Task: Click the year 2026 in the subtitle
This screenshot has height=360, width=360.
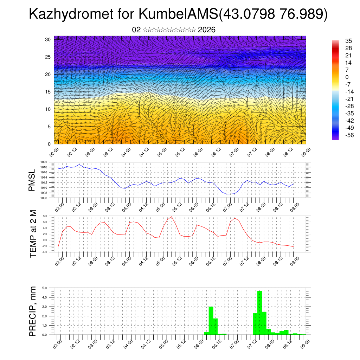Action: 207,30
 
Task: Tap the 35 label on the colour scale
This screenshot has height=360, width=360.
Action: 349,40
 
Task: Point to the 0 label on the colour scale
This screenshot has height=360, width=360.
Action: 347,77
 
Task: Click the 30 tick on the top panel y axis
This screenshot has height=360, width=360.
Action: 48,39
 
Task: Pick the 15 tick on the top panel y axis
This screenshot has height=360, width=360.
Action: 48,92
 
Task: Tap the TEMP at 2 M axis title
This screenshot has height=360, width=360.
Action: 33,233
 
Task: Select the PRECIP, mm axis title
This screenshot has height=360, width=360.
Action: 33,311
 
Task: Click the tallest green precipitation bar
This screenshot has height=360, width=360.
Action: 260,313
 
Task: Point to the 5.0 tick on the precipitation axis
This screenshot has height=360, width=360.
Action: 45,288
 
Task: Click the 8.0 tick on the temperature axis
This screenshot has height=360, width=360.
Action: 45,216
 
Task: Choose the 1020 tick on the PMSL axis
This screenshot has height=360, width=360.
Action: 44,162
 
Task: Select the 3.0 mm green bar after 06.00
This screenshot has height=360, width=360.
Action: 211,320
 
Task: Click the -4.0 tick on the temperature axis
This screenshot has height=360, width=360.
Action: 45,252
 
